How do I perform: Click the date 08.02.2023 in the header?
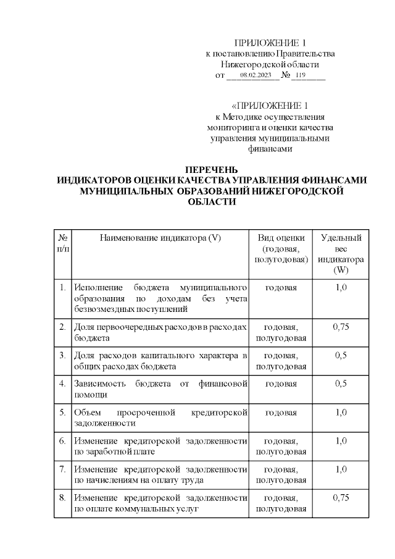click(x=256, y=75)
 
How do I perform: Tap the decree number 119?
click(x=301, y=75)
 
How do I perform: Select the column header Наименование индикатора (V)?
click(x=160, y=238)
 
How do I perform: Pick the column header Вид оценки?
click(x=281, y=238)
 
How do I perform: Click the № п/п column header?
click(x=63, y=243)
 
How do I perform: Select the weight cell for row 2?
click(x=341, y=327)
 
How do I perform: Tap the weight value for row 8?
click(x=341, y=498)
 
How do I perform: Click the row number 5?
click(x=63, y=413)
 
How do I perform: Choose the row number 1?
click(x=63, y=288)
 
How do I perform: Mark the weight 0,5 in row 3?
click(x=341, y=356)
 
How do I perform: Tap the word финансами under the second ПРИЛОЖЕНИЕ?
click(x=270, y=148)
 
